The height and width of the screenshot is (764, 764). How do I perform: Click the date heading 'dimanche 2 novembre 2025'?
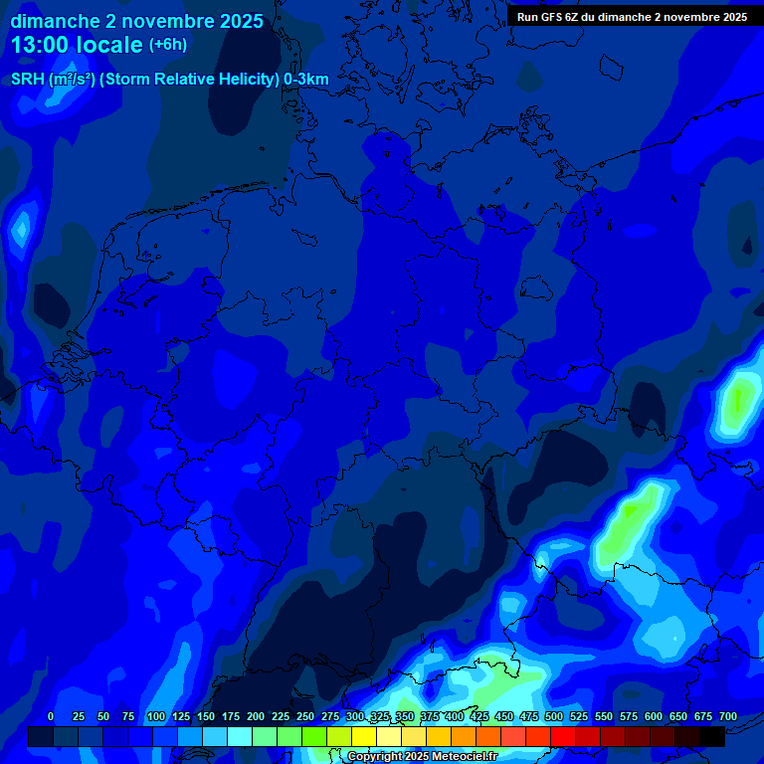point(137,21)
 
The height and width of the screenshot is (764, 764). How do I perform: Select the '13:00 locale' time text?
point(76,45)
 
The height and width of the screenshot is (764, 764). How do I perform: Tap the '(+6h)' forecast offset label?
point(168,45)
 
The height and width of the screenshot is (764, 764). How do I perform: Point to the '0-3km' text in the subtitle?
point(306,80)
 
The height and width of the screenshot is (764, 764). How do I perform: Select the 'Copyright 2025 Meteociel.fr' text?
point(422,757)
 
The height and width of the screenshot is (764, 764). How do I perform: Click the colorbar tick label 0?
point(51,716)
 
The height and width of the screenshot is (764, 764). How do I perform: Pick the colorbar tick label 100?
point(156,716)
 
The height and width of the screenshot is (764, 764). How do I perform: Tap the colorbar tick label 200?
point(256,716)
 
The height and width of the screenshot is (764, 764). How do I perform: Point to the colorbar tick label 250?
point(305,716)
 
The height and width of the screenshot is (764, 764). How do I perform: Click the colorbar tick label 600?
point(654,716)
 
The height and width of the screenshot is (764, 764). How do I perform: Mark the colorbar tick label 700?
point(728,716)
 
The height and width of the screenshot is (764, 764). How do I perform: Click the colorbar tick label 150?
point(206,716)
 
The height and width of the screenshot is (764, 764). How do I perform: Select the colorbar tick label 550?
point(604,716)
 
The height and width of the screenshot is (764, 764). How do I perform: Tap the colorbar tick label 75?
point(128,716)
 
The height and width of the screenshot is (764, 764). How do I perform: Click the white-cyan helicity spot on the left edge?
point(19,229)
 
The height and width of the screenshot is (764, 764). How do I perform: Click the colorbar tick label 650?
point(678,716)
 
